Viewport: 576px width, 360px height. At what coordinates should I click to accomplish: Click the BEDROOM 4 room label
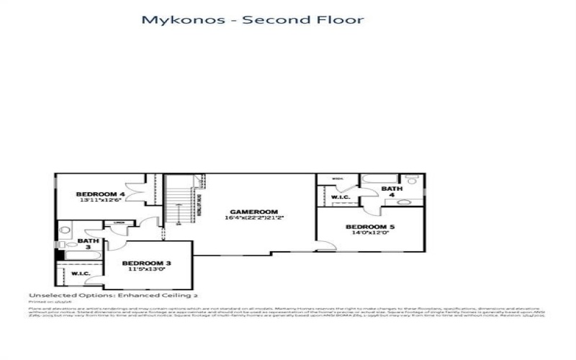click(x=101, y=194)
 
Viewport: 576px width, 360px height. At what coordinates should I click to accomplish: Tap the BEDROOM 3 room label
click(x=145, y=263)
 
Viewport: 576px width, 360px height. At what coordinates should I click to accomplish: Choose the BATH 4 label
click(x=392, y=191)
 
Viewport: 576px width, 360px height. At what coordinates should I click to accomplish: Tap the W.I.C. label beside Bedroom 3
click(x=79, y=274)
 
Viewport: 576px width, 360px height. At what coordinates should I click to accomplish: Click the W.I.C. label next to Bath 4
click(x=340, y=197)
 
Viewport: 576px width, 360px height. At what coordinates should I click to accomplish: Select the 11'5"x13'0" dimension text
click(x=145, y=270)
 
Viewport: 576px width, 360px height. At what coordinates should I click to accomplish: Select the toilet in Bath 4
click(x=412, y=180)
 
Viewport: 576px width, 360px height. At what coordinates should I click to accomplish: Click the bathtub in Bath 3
click(x=76, y=254)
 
